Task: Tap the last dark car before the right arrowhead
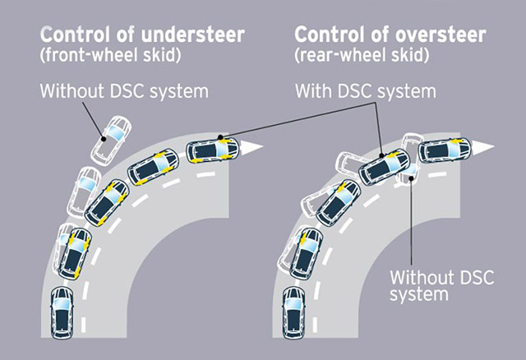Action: click(x=444, y=150)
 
